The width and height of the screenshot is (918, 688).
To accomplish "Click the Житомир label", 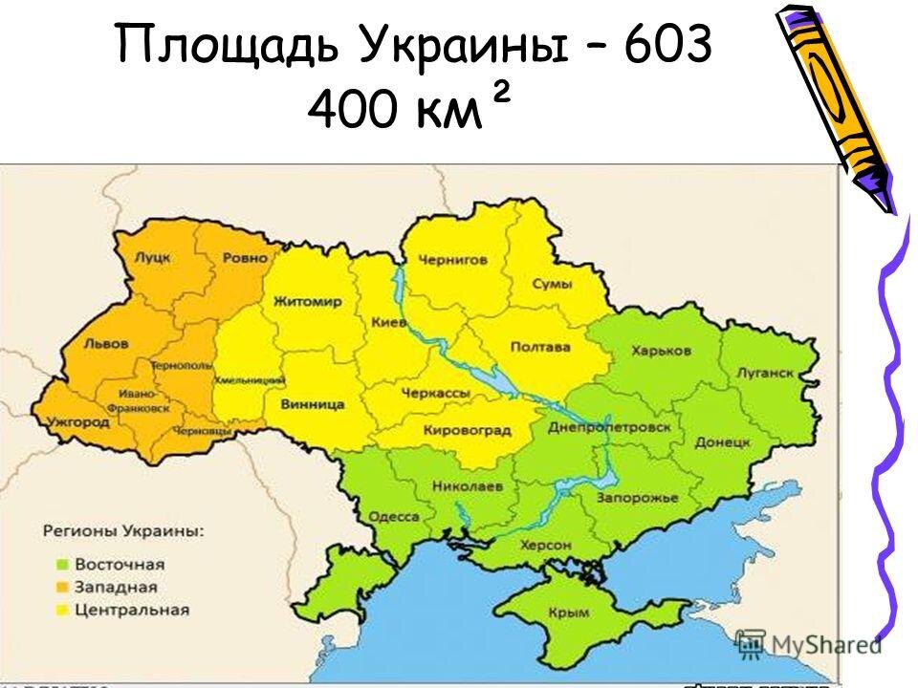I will [307, 302].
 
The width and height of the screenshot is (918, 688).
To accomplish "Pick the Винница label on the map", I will [312, 404].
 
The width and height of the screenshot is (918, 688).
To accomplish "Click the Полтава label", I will [540, 347].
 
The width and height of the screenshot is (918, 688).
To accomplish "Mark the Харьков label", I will [661, 351].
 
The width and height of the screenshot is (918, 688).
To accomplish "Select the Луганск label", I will [765, 374].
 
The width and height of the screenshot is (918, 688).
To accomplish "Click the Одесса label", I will [393, 517].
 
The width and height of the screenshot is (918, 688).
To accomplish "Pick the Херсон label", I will [546, 545].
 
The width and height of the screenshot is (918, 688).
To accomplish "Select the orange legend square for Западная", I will [62, 587].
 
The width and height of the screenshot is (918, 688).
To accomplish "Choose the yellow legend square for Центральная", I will [62, 610].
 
